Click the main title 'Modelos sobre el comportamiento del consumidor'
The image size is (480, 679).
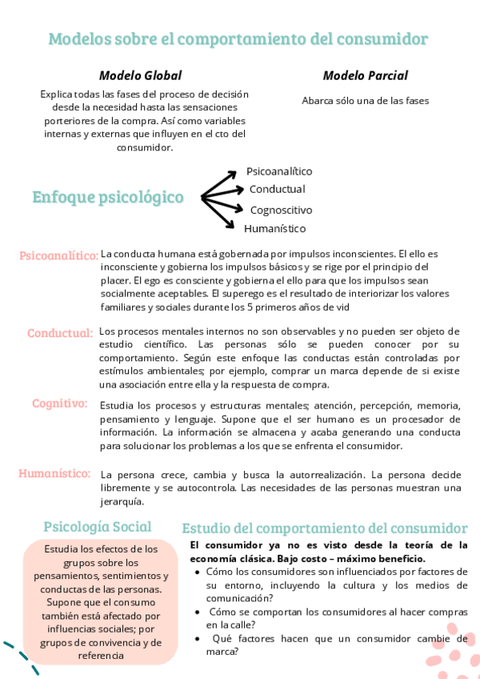pyautogui.click(x=238, y=38)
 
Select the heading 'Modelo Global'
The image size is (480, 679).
pyautogui.click(x=140, y=75)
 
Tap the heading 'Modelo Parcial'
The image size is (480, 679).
pyautogui.click(x=365, y=75)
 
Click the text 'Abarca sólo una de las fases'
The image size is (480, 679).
pyautogui.click(x=366, y=101)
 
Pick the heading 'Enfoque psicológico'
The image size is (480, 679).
pyautogui.click(x=108, y=197)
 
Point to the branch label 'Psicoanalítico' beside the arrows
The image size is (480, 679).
pyautogui.click(x=279, y=171)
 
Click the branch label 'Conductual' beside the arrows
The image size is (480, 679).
pyautogui.click(x=277, y=189)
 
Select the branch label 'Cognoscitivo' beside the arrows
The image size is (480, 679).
pyautogui.click(x=281, y=210)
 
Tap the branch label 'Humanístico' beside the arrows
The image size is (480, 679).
pyautogui.click(x=275, y=228)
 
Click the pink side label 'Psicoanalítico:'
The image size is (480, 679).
pyautogui.click(x=59, y=255)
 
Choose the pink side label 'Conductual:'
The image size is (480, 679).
pyautogui.click(x=60, y=332)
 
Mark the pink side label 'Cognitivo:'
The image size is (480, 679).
pyautogui.click(x=60, y=404)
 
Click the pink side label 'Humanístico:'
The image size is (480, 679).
pyautogui.click(x=54, y=473)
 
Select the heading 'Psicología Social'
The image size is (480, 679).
pyautogui.click(x=97, y=526)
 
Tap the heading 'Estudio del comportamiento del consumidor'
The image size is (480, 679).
pyautogui.click(x=325, y=528)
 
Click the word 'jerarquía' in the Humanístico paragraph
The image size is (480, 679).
pyautogui.click(x=122, y=502)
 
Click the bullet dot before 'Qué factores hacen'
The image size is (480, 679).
pyautogui.click(x=198, y=639)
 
